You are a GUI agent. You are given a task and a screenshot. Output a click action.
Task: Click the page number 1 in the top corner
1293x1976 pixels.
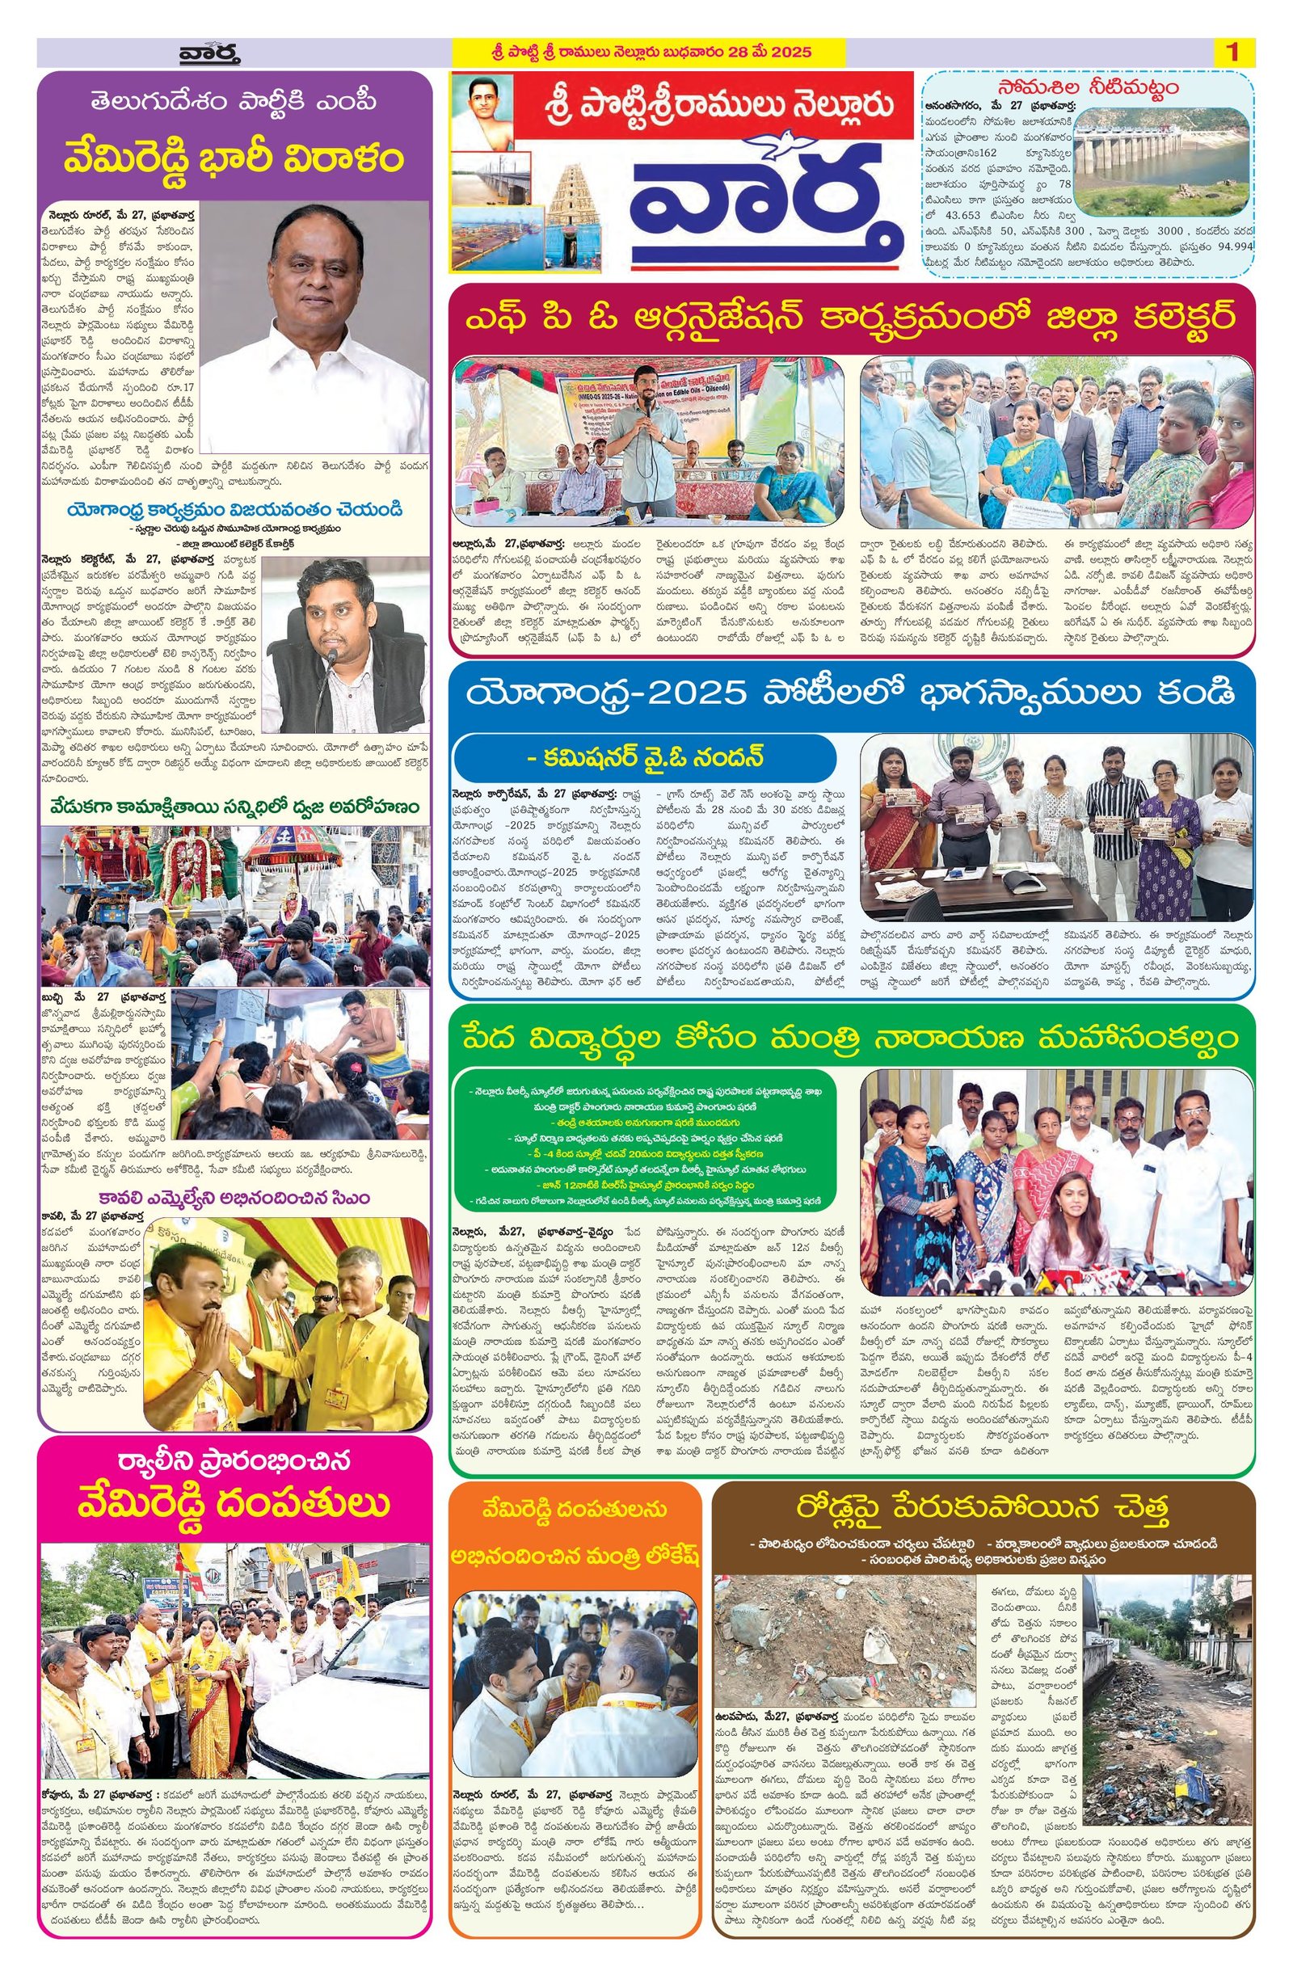1232,53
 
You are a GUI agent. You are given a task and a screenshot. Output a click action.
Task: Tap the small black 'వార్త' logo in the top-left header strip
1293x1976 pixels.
209,54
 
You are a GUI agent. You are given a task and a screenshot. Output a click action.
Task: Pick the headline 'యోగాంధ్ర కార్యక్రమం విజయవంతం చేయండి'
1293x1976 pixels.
235,508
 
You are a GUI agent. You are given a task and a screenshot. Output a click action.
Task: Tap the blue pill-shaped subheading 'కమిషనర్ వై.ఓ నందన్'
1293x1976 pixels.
644,757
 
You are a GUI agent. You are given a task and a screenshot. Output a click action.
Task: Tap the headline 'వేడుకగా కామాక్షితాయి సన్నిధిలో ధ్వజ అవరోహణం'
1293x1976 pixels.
235,807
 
